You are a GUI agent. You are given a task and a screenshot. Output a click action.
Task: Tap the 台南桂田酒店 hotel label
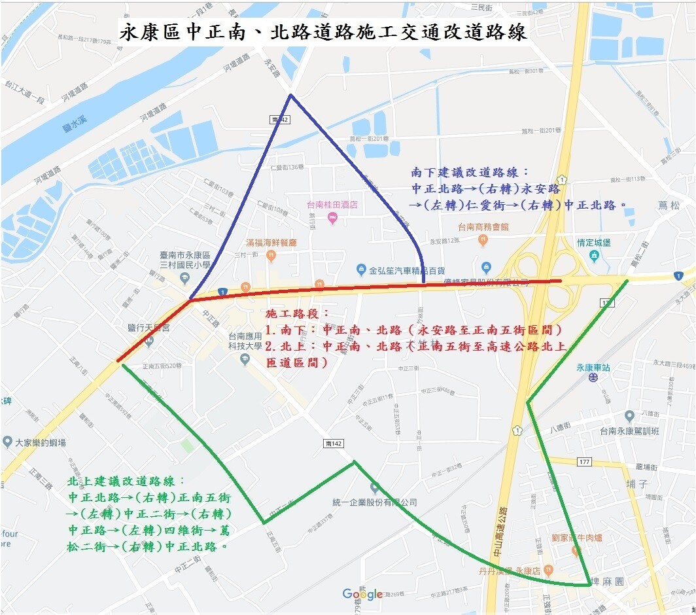[332, 205]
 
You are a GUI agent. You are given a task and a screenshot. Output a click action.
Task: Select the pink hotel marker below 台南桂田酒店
[332, 218]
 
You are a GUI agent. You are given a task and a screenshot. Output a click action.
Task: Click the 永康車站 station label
[593, 368]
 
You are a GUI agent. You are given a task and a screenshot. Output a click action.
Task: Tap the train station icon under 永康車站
[593, 378]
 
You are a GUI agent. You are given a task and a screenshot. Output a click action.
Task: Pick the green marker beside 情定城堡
[593, 255]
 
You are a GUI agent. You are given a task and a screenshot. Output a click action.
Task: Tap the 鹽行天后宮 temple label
[149, 327]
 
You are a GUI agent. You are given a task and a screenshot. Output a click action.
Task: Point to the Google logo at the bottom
[362, 594]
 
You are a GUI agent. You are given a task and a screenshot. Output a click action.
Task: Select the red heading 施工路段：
[298, 315]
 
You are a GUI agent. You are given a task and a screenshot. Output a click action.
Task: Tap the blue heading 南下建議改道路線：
[465, 173]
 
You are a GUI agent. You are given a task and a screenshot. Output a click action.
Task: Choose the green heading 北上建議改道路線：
[127, 482]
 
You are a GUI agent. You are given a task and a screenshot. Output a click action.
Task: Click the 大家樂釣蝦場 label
[40, 443]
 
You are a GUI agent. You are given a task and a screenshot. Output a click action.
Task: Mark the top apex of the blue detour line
[290, 96]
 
